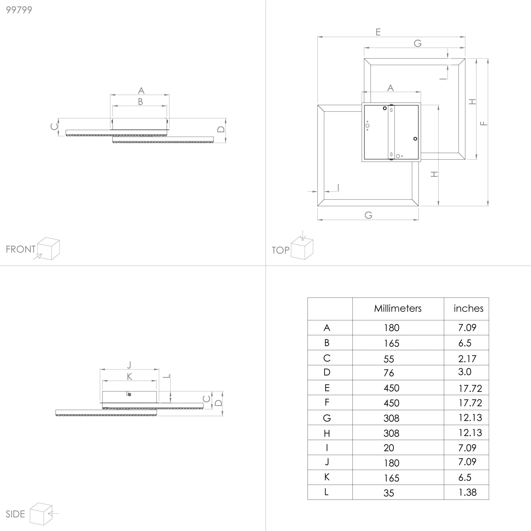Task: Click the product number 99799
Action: coord(19,10)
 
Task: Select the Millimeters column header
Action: coord(398,308)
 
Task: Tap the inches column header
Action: coord(468,308)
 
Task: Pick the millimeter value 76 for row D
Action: coord(389,373)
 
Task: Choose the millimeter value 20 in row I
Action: coord(389,448)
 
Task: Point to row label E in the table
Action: coord(327,388)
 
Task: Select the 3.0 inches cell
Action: coord(465,372)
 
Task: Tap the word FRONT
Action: coord(21,249)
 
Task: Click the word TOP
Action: coord(280,250)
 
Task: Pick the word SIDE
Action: coord(15,514)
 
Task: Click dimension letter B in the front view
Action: coord(140,102)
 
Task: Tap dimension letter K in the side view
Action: coord(129,377)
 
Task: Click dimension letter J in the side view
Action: coord(129,365)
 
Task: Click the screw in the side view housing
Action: coord(129,395)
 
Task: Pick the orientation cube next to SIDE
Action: coord(41,514)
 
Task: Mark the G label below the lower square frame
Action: coord(368,215)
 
